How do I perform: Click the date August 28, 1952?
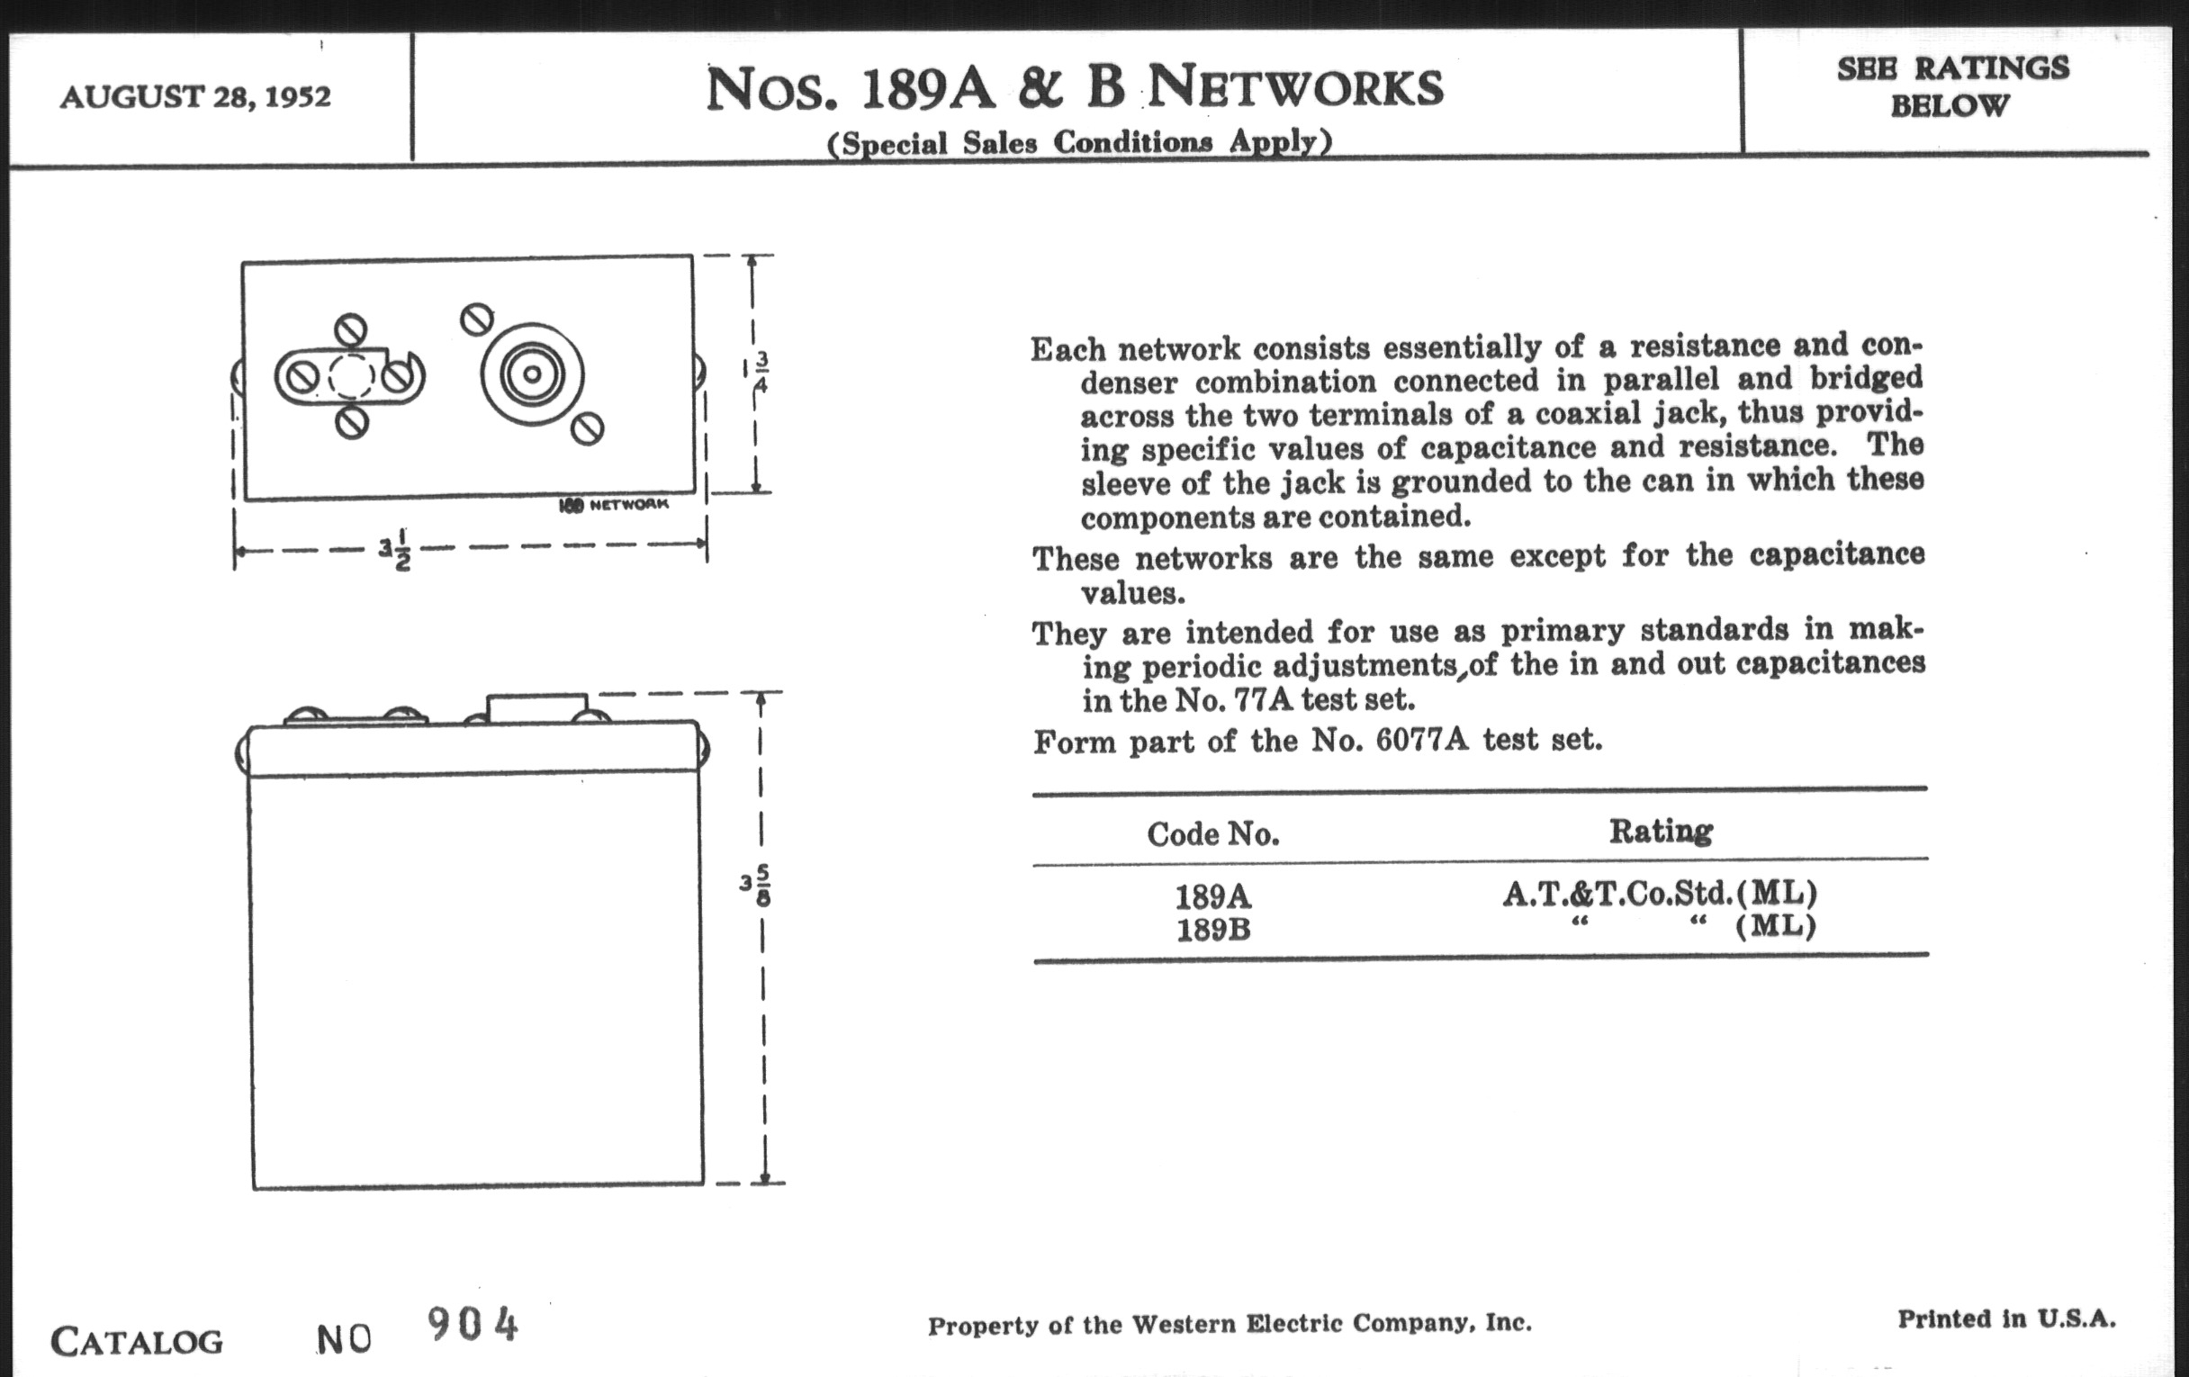[x=195, y=95]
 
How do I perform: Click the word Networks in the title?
[x=1295, y=88]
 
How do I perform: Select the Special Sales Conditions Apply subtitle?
[x=1079, y=143]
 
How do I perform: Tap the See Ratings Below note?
[x=1951, y=87]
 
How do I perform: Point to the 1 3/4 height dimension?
[x=757, y=372]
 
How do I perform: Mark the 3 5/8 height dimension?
[x=756, y=884]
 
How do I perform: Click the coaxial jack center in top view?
[x=532, y=373]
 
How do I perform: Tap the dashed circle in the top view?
[x=350, y=376]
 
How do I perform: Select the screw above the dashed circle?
[x=351, y=329]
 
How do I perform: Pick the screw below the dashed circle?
[x=352, y=422]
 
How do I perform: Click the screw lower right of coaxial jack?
[x=588, y=428]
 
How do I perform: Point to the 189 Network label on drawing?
[x=614, y=504]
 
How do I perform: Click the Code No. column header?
[x=1212, y=834]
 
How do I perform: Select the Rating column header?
[x=1661, y=831]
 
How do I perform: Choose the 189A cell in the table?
[x=1212, y=897]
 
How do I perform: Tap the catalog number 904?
[x=472, y=1324]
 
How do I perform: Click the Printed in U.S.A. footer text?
[x=2006, y=1318]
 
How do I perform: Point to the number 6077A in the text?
[x=1422, y=741]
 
